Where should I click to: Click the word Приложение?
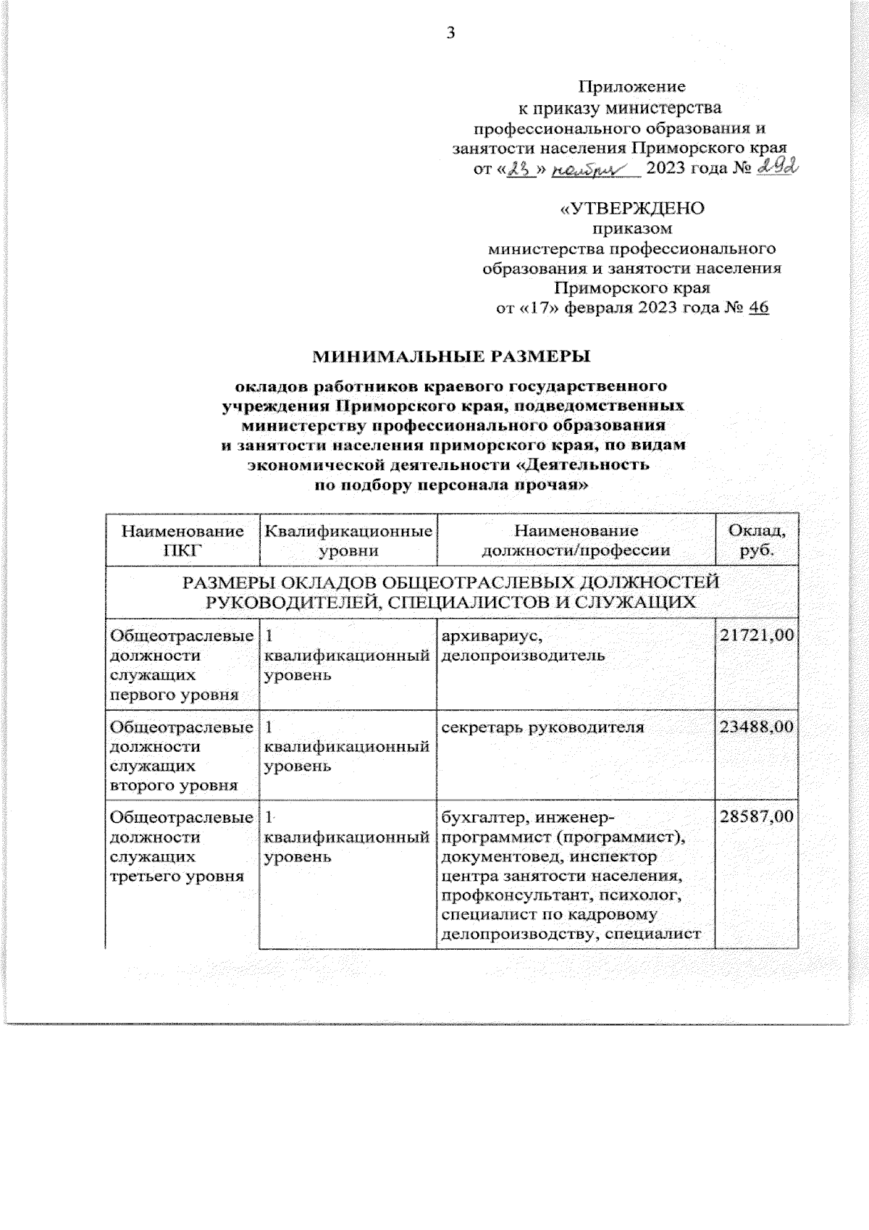[x=631, y=88]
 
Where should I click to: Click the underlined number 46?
[x=758, y=308]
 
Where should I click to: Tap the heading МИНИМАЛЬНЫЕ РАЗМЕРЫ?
[x=451, y=356]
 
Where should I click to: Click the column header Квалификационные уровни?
[x=348, y=540]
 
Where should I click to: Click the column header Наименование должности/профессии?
[x=576, y=540]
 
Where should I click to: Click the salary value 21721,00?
[x=756, y=636]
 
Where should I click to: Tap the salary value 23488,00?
[x=756, y=727]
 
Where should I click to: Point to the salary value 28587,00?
[x=756, y=818]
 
